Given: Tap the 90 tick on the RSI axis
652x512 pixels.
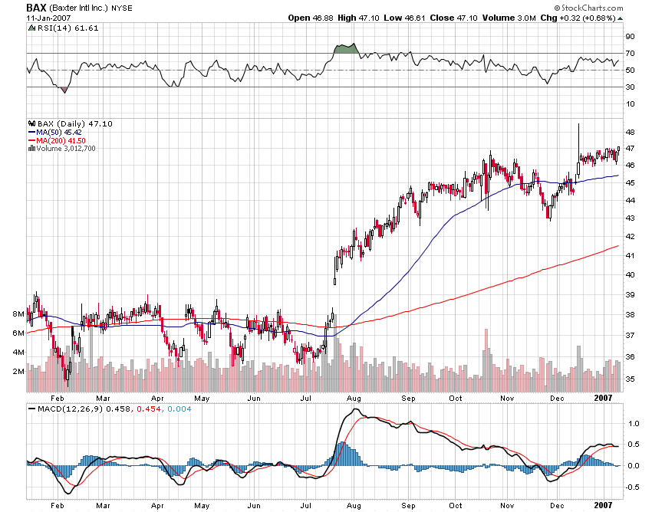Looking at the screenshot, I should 629,36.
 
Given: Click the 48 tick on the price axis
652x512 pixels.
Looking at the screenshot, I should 629,132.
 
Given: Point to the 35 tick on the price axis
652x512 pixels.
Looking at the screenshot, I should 629,379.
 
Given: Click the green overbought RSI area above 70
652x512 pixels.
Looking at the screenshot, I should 347,49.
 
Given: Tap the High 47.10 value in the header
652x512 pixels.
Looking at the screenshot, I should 365,17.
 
